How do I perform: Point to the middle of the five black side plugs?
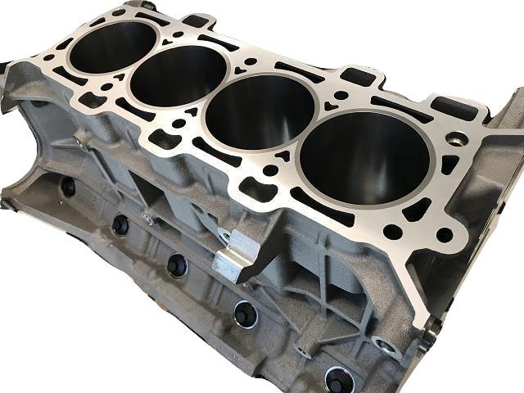click(x=176, y=264)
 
